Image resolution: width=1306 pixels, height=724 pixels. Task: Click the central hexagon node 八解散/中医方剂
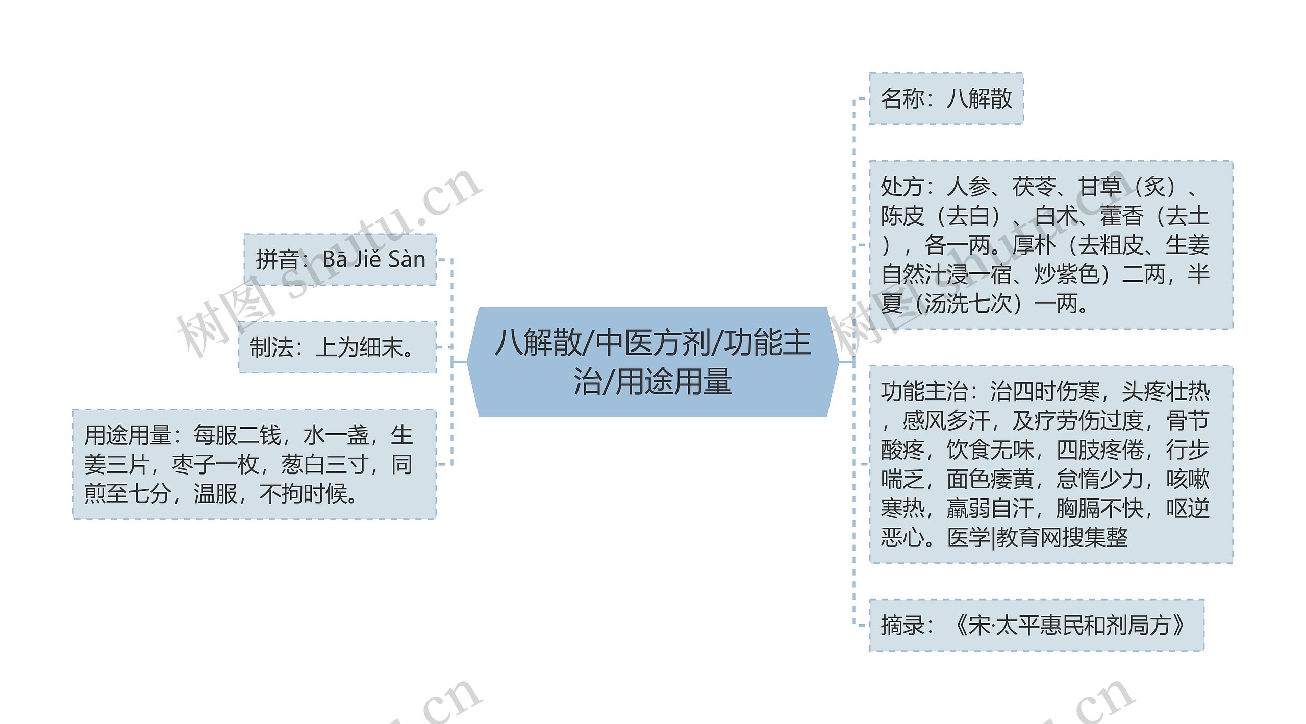(652, 362)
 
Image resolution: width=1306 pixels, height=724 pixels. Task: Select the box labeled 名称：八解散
(946, 98)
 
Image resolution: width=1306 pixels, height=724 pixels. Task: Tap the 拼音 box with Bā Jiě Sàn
(340, 259)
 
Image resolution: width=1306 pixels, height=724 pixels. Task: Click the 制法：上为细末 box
(337, 347)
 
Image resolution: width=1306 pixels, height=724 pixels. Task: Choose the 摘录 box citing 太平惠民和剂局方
(1036, 625)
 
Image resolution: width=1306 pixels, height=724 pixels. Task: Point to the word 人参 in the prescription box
(968, 187)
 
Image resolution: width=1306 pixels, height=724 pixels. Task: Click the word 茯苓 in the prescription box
(1034, 187)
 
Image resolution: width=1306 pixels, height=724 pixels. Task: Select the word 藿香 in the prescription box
(1121, 216)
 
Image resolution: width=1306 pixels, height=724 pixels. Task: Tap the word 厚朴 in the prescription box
(1034, 245)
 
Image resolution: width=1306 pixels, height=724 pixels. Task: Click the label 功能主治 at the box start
(924, 391)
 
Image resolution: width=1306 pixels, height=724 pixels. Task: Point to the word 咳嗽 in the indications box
(1188, 479)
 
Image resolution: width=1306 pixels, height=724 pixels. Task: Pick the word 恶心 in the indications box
(902, 537)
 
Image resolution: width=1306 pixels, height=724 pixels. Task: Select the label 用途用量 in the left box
(128, 435)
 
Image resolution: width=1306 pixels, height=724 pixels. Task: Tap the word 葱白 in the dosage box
(303, 465)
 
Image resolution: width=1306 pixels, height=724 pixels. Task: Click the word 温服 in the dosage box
(215, 494)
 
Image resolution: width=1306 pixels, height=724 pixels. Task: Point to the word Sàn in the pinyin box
(407, 259)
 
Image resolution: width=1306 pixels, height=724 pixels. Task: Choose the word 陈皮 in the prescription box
(902, 216)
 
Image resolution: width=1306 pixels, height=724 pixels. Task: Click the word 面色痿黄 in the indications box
(990, 479)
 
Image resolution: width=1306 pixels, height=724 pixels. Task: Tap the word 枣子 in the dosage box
(193, 465)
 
